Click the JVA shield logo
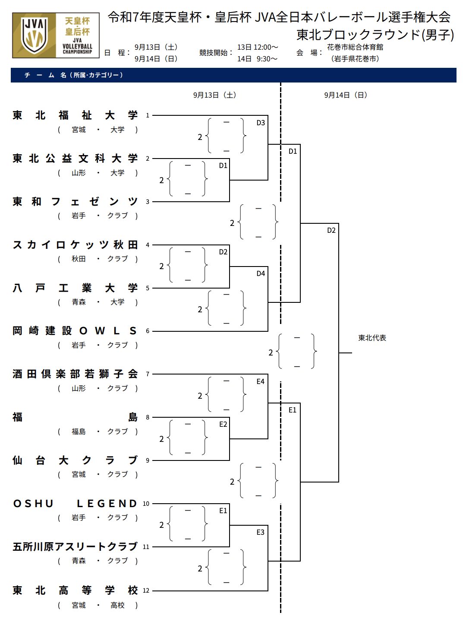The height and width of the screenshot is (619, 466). [x=35, y=35]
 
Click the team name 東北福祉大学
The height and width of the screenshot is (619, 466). [x=75, y=115]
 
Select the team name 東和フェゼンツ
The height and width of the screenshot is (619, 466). [x=75, y=202]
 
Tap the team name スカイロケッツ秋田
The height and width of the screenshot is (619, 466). [x=75, y=245]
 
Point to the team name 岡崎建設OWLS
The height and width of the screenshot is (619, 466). [x=75, y=331]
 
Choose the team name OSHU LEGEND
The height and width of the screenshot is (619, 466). [x=75, y=504]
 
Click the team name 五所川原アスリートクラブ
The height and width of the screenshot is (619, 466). [x=75, y=547]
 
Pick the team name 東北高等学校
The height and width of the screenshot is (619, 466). [x=75, y=590]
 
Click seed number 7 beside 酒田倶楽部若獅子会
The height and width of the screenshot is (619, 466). [x=148, y=374]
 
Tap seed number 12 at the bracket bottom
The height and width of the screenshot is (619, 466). [x=146, y=590]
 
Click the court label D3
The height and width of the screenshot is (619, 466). [x=261, y=123]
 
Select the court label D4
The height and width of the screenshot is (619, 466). [x=261, y=273]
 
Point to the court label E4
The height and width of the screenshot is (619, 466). [x=261, y=381]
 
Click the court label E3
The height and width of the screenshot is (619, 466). [x=261, y=532]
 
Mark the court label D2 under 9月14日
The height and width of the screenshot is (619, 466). [x=331, y=230]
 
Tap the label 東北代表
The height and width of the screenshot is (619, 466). [x=372, y=338]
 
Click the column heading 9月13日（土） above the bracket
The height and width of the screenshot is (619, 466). [x=214, y=95]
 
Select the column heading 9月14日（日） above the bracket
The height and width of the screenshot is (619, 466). [x=346, y=95]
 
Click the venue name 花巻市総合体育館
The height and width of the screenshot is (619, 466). [x=355, y=47]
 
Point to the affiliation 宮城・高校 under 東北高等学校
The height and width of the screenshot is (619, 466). [x=98, y=605]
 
